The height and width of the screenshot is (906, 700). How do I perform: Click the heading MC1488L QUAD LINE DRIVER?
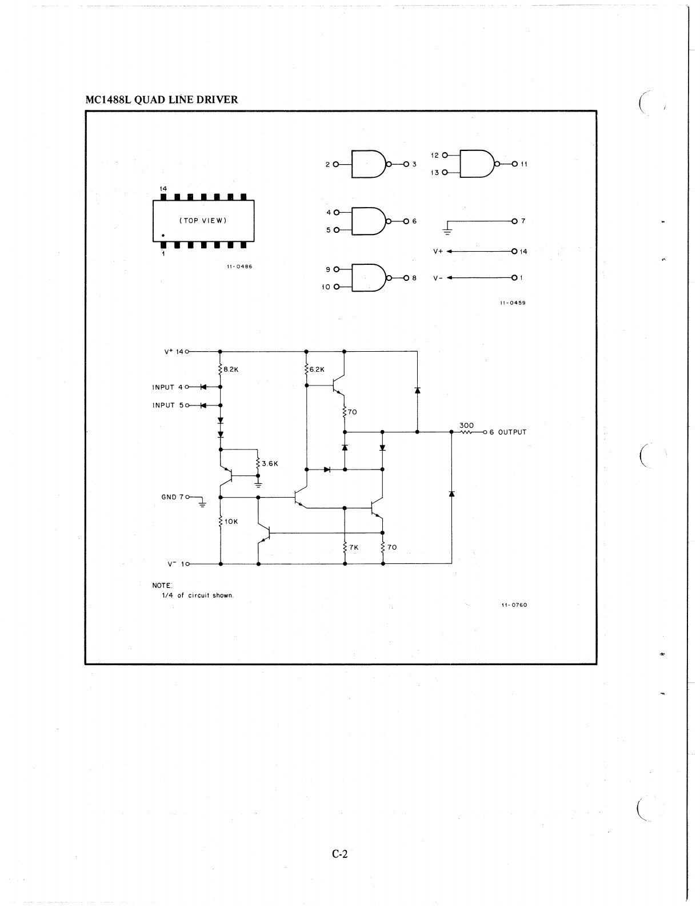tap(161, 100)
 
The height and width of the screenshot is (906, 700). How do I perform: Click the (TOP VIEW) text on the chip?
tap(203, 221)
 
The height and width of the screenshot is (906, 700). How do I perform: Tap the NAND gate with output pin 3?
tap(369, 164)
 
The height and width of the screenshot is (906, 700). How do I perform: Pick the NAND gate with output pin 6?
tap(369, 221)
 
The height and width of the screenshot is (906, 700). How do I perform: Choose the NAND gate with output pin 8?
tap(369, 278)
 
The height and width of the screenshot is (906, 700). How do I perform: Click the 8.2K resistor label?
tap(231, 369)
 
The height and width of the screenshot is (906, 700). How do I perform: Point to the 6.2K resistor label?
tap(317, 369)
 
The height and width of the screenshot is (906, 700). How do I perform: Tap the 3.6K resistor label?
tap(270, 464)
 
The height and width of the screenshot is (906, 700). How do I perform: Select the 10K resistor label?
tap(231, 522)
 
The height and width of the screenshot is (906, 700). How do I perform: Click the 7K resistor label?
tap(354, 547)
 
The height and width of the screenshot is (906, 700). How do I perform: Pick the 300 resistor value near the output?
tap(467, 425)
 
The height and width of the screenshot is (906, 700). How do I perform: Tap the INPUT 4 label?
tap(167, 387)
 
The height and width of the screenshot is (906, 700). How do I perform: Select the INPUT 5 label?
tap(167, 406)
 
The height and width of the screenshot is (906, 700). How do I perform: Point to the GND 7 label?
tap(172, 497)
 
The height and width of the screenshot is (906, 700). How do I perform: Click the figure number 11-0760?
tap(514, 605)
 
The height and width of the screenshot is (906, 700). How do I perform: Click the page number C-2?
tap(339, 855)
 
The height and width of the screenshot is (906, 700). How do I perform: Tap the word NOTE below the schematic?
tap(162, 586)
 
